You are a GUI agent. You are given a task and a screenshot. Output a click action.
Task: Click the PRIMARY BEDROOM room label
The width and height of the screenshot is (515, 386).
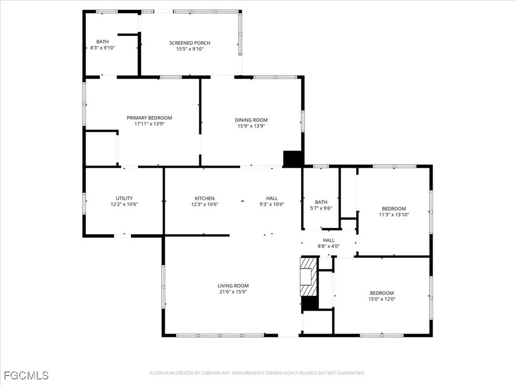[149, 118]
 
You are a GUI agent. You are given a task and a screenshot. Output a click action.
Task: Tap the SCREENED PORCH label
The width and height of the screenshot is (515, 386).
[190, 43]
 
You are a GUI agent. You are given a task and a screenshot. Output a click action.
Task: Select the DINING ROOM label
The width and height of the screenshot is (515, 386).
[251, 120]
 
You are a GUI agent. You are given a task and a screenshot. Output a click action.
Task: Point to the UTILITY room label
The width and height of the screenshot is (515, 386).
[124, 198]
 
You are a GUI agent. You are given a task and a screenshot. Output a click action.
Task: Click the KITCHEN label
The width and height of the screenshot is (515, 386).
[205, 198]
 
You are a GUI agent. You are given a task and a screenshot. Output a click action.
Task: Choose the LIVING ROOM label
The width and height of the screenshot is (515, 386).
[233, 285]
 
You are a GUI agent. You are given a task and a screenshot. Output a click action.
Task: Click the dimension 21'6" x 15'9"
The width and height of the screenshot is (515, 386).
[233, 292]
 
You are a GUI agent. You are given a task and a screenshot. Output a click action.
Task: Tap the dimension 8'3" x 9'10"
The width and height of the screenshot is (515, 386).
[103, 48]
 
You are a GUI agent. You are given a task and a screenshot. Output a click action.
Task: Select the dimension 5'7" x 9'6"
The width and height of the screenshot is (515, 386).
[321, 208]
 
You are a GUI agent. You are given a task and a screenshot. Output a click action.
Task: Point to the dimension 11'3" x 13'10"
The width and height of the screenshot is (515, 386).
[393, 215]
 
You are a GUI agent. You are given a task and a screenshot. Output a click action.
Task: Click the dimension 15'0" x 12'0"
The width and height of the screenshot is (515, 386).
[382, 299]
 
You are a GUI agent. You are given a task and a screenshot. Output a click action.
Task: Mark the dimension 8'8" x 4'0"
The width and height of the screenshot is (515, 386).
[328, 246]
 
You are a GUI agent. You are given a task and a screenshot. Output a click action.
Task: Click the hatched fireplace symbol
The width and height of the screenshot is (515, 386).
[308, 277]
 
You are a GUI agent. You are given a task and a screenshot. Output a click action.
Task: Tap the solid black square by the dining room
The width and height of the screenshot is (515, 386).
[293, 158]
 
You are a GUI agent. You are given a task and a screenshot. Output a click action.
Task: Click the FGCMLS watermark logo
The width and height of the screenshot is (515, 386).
[26, 375]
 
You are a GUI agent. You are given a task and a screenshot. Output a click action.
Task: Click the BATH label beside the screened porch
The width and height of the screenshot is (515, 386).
[103, 42]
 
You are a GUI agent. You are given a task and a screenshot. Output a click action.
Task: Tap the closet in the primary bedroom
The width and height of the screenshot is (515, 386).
[101, 148]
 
